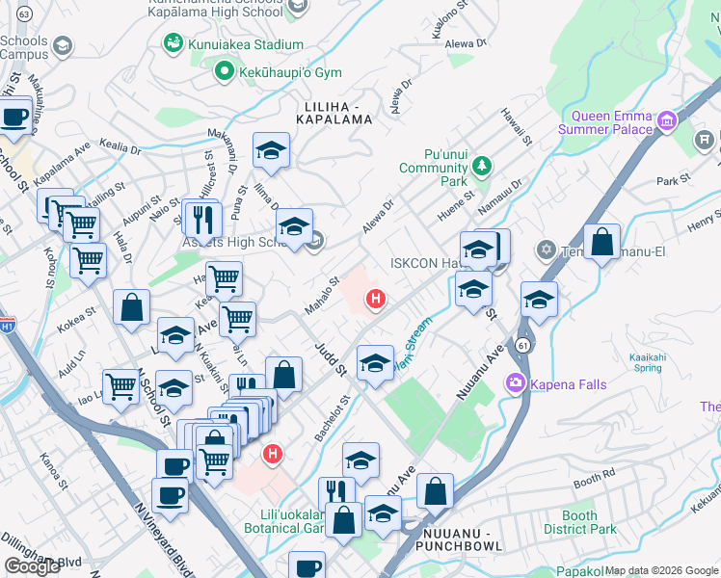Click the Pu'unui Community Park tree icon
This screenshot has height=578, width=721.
tap(481, 168)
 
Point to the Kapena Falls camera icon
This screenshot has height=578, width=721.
tap(515, 384)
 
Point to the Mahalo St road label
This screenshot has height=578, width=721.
tap(322, 296)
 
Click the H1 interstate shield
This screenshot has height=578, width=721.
tap(7, 327)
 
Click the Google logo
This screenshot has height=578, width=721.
tap(33, 566)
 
